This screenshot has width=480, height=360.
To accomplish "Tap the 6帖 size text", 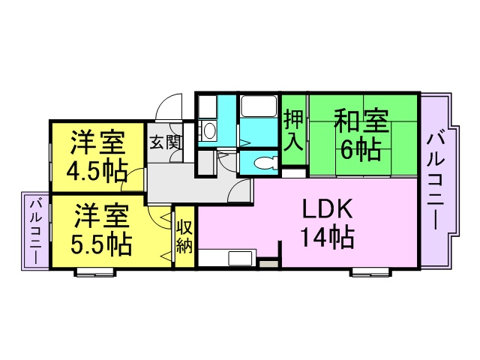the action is (361, 150).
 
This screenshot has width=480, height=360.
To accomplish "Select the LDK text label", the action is (327, 208).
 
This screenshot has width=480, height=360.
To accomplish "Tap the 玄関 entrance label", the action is (166, 142).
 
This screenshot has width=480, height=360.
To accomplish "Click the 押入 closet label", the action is (293, 130).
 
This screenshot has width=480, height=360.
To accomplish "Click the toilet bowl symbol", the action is (265, 163).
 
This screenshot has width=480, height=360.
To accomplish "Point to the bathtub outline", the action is (259, 106).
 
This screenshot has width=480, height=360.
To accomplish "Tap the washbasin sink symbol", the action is (209, 131).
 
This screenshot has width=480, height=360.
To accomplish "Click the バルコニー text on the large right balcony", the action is (435, 181).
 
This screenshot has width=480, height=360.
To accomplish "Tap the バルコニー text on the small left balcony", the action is (35, 232).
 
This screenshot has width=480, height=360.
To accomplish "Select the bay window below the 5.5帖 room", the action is (95, 272).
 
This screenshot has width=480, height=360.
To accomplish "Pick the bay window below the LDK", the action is (371, 271).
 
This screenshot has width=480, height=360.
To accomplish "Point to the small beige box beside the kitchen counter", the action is (268, 263).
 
